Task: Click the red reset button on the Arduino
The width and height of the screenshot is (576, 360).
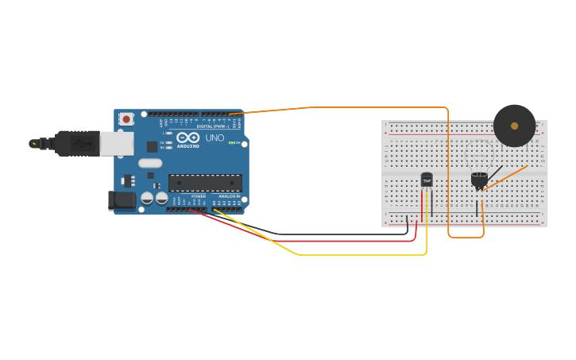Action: (126, 119)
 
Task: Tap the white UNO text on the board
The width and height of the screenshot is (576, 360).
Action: (215, 138)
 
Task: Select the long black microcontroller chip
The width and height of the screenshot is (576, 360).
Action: (205, 183)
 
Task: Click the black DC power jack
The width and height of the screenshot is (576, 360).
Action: (120, 200)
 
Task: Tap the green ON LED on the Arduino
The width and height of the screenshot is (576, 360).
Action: (230, 143)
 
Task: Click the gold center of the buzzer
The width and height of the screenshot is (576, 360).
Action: (514, 126)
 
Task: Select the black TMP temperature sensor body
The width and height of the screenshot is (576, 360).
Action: (427, 180)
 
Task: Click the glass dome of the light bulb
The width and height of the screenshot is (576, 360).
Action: (478, 177)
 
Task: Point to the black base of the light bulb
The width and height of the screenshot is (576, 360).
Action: (478, 187)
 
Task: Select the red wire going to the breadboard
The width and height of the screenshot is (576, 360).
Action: (318, 241)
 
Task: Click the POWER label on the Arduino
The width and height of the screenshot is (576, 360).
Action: (198, 196)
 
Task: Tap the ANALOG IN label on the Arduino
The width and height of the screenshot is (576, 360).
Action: (230, 196)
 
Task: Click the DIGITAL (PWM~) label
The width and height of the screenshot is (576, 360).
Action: (212, 126)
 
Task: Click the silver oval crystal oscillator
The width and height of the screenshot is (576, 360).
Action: (149, 163)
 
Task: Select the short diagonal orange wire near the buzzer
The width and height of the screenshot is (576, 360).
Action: (505, 178)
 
